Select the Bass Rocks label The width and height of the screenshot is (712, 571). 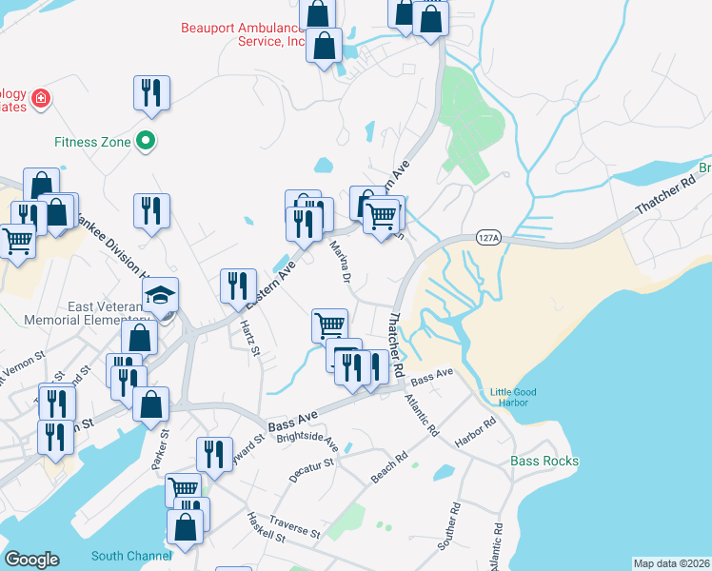(544, 462)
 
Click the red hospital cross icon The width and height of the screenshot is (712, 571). (41, 97)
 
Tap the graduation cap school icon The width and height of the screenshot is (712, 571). (161, 293)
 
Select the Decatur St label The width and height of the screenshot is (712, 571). (315, 467)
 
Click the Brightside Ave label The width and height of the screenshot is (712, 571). (307, 443)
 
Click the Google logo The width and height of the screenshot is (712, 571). (31, 560)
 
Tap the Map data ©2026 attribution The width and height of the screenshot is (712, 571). (670, 563)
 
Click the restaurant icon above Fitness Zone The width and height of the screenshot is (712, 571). (151, 93)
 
